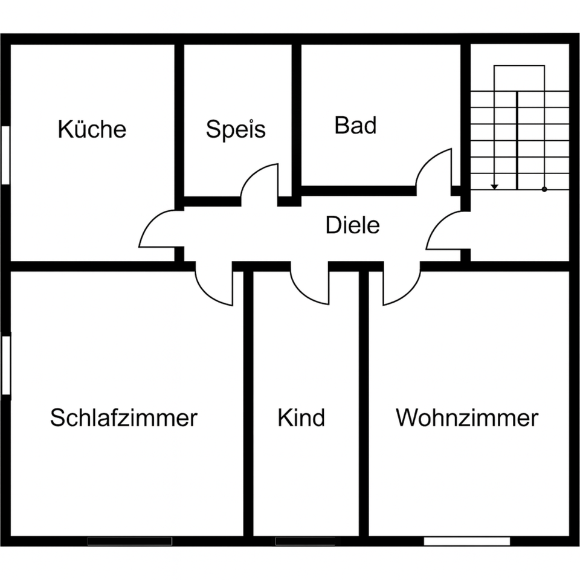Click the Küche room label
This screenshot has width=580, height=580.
(92, 129)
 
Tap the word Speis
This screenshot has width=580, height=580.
(236, 129)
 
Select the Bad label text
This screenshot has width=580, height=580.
(355, 126)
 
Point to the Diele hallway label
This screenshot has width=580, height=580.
(353, 225)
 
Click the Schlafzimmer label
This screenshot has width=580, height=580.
(124, 417)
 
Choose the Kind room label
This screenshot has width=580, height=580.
(301, 417)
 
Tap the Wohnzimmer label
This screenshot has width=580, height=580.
(467, 417)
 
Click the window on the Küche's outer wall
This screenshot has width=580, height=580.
(5, 155)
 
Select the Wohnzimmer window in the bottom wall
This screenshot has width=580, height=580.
(466, 541)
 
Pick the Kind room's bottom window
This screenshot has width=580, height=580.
(305, 541)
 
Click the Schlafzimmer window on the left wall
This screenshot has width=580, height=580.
(5, 366)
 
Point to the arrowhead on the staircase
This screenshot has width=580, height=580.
(495, 186)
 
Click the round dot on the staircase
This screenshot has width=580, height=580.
(544, 189)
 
